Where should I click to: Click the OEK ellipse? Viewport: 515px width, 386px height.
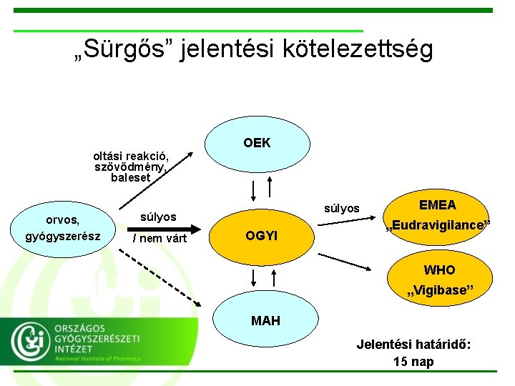[x=257, y=143]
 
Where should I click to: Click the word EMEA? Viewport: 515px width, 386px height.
[x=437, y=205]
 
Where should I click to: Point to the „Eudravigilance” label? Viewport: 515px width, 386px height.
[x=438, y=225]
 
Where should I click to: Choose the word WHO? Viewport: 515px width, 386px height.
[x=439, y=270]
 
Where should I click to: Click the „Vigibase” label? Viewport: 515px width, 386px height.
[x=439, y=291]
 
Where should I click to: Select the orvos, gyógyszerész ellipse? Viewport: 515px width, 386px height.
[x=63, y=228]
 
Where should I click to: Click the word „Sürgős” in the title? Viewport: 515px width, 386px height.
[x=124, y=49]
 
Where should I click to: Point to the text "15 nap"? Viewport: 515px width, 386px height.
[x=413, y=362]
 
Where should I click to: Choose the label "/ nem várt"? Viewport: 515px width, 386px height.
[x=160, y=238]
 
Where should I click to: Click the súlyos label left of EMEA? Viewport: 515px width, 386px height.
[x=342, y=209]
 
